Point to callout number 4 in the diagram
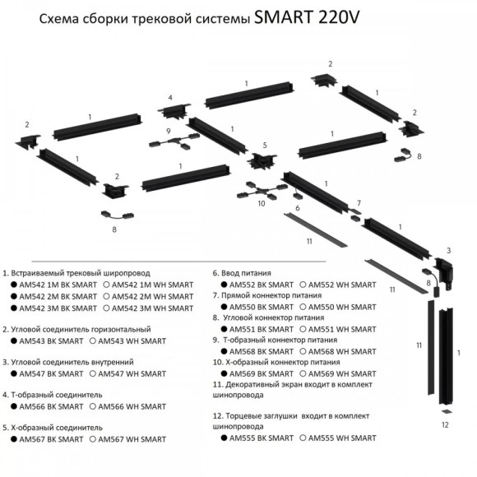[170, 98]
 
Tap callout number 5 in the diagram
[265, 145]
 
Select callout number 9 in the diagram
[168, 132]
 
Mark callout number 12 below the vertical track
[445, 424]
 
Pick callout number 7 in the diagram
[359, 203]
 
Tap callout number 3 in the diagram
[449, 250]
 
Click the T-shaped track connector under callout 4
[174, 113]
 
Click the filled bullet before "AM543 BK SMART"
[13, 340]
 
